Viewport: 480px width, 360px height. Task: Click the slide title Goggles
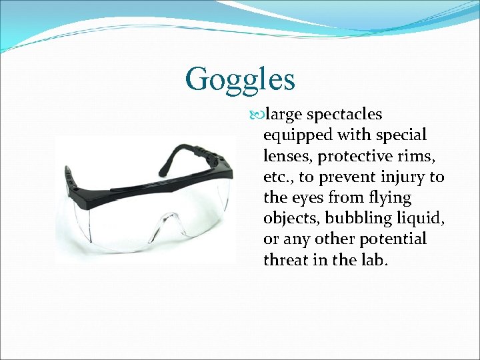[x=240, y=79]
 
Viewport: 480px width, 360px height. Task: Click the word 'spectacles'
[x=343, y=115]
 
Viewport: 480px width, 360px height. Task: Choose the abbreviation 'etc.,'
[x=279, y=177]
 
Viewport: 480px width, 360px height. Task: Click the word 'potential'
[x=393, y=239]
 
